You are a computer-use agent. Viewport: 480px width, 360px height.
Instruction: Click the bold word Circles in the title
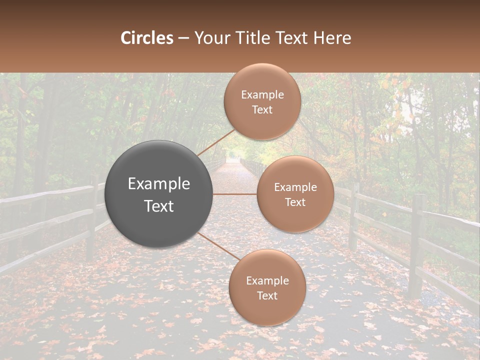[x=147, y=38]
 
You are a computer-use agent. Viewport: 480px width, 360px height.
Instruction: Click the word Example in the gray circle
[x=159, y=184]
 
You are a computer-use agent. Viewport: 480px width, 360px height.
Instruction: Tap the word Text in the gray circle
[x=159, y=206]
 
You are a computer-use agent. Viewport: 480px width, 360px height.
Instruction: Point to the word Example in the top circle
[x=262, y=94]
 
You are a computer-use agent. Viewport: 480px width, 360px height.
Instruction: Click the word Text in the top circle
[x=262, y=109]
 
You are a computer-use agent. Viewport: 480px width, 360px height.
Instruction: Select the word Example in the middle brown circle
[x=295, y=187]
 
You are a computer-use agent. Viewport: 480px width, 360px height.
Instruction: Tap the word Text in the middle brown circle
[x=295, y=202]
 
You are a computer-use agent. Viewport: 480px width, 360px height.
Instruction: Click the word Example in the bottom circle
[x=267, y=280]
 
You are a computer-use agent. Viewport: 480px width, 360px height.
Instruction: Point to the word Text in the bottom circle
[x=267, y=295]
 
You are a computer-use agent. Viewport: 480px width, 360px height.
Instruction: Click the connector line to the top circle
[x=216, y=142]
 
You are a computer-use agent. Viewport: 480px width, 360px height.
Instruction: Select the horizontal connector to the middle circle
[x=235, y=194]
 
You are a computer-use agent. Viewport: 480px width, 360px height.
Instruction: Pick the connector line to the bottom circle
[x=219, y=246]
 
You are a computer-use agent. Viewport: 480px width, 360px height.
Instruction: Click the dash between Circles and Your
[x=183, y=38]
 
